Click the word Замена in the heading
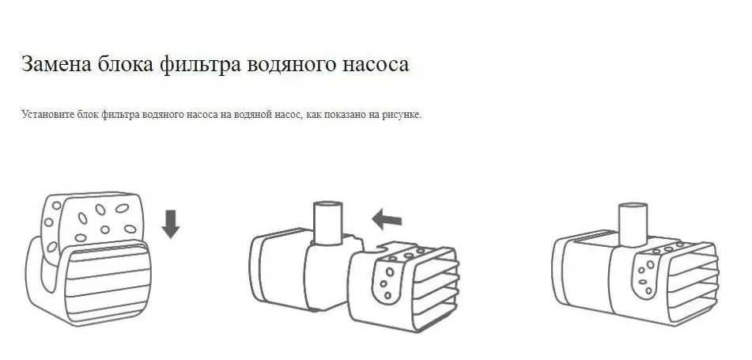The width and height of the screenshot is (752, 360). point(57,64)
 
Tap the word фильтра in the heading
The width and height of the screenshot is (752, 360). point(199,65)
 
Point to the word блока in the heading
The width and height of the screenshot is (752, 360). point(125,64)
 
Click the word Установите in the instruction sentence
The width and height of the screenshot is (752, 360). point(47,116)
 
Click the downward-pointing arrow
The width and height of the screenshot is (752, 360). point(170,224)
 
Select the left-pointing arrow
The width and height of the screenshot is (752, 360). point(387,220)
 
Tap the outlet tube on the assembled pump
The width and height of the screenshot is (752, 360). point(633,224)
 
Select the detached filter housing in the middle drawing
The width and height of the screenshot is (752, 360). point(402,286)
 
